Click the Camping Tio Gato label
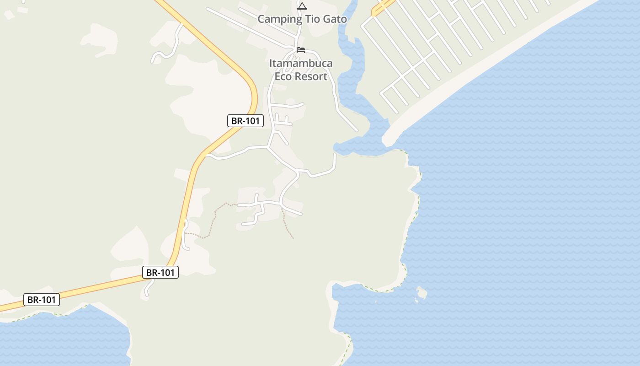(302, 19)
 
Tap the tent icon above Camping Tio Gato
(302, 6)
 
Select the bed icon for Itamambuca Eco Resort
(300, 49)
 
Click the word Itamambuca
(301, 63)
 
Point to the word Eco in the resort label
(283, 76)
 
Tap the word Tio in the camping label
(308, 19)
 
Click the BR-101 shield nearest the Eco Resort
(245, 121)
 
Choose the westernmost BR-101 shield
(42, 300)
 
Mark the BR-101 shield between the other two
(160, 272)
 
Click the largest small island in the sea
(421, 292)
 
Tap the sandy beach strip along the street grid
(480, 69)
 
